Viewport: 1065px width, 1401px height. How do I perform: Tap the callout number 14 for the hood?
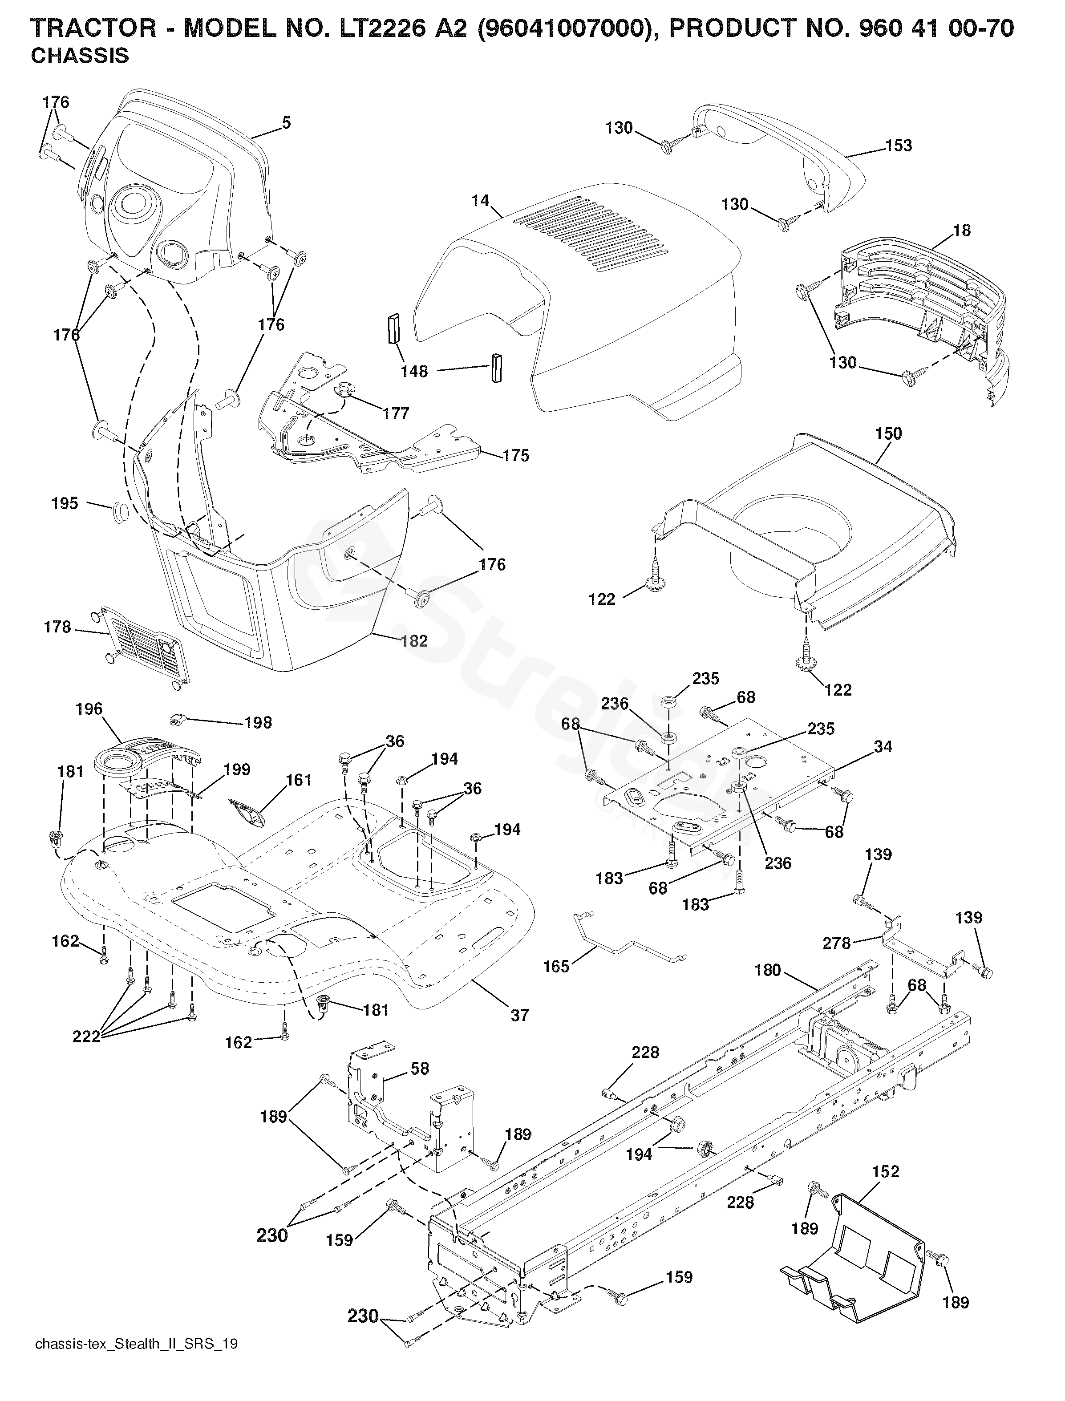481,201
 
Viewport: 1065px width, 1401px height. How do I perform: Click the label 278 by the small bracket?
836,943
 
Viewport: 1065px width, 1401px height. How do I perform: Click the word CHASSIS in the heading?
79,57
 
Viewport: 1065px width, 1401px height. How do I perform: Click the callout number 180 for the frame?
768,971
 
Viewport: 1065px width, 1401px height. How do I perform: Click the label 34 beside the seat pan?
883,747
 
